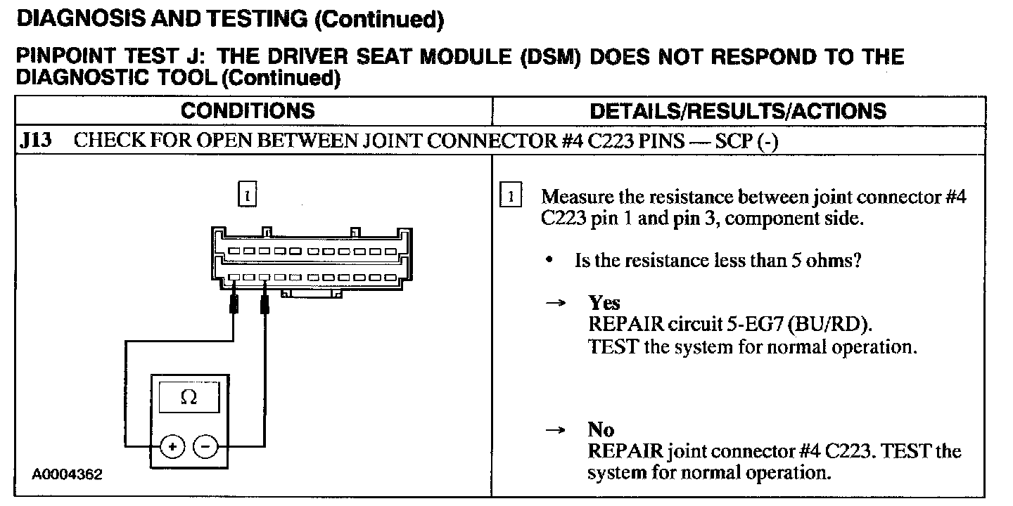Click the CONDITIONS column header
[248, 111]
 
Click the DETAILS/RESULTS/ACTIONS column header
[738, 111]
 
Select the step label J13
[35, 141]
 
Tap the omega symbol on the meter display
[189, 398]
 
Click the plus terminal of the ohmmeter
[173, 446]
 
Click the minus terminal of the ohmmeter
[205, 446]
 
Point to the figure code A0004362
[68, 474]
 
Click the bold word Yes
[604, 303]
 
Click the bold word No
[601, 429]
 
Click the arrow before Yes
[556, 303]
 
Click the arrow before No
[556, 429]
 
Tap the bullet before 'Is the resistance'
[549, 261]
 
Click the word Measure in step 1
[577, 197]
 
